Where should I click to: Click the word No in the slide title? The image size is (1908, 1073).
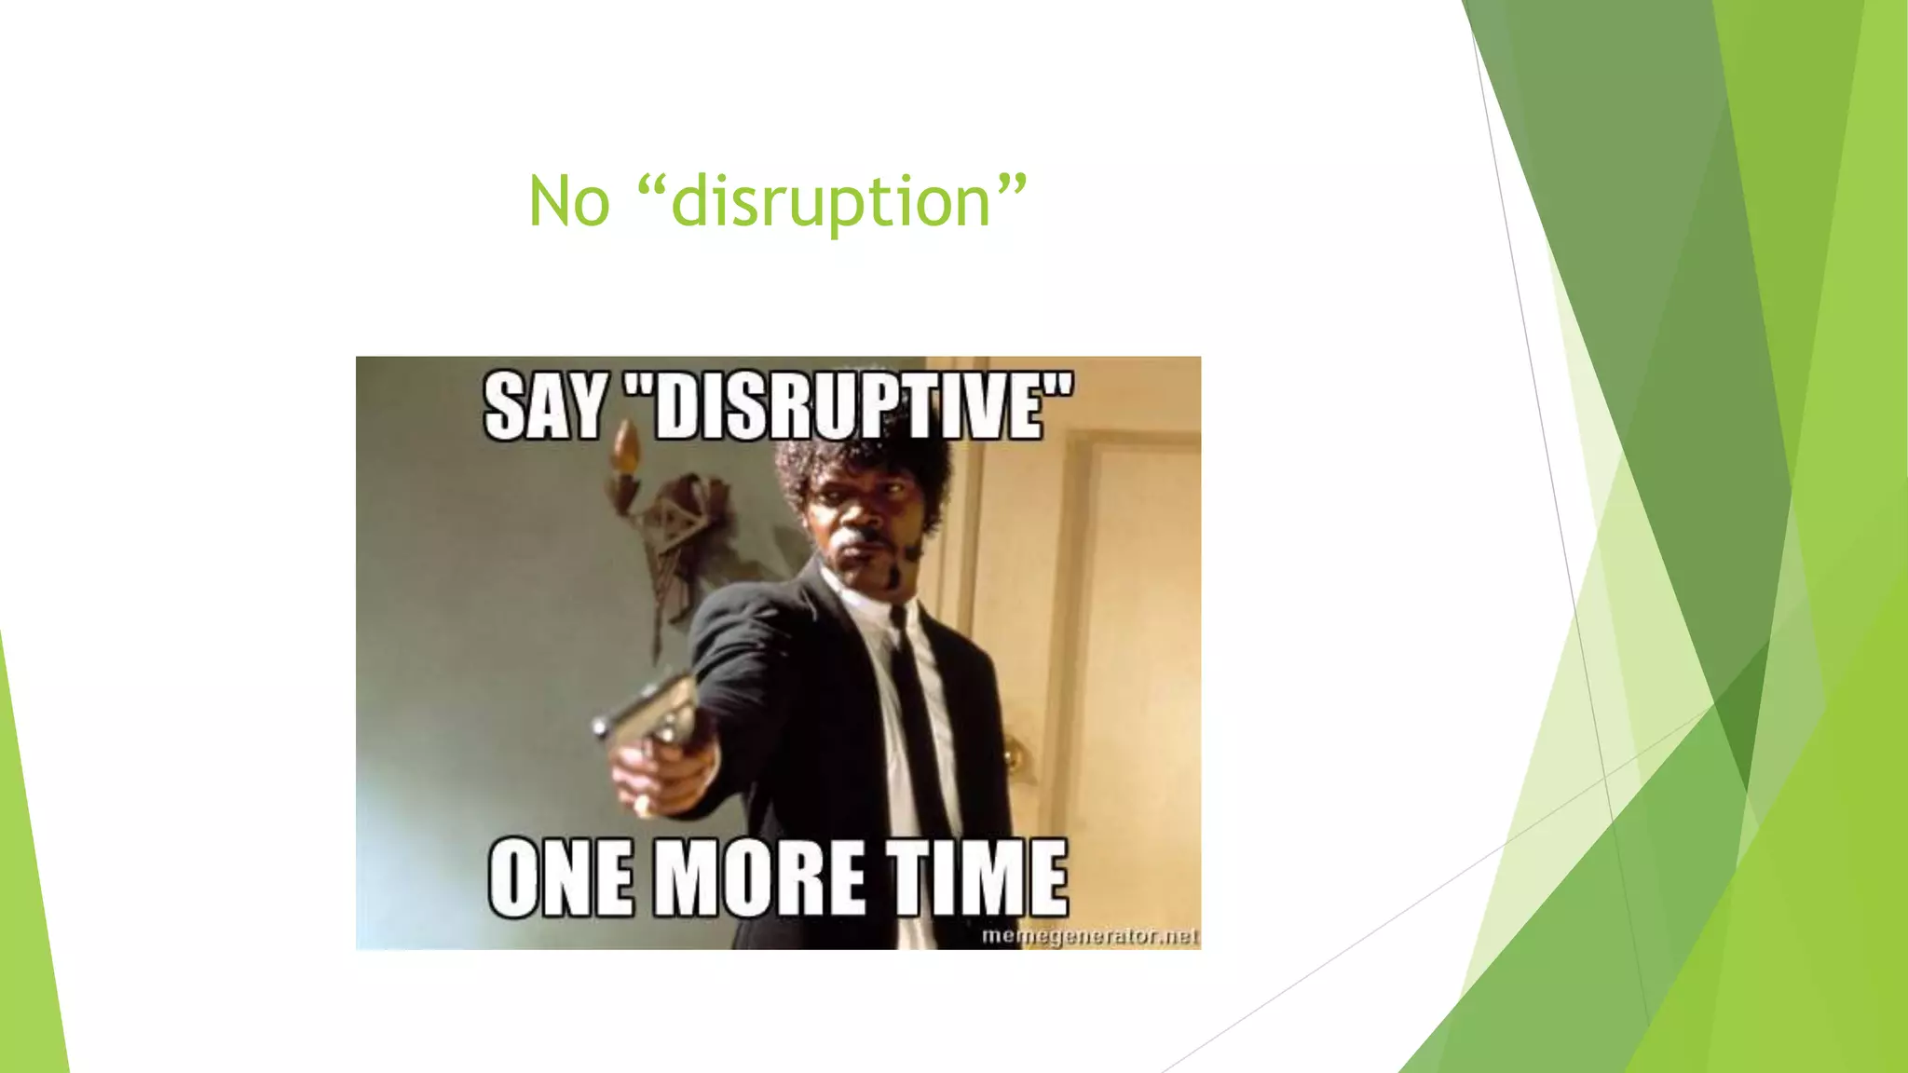568,201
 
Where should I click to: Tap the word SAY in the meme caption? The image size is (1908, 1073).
545,407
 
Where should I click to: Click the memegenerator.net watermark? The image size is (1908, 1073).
1089,935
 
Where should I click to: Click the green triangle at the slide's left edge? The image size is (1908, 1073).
28,885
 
